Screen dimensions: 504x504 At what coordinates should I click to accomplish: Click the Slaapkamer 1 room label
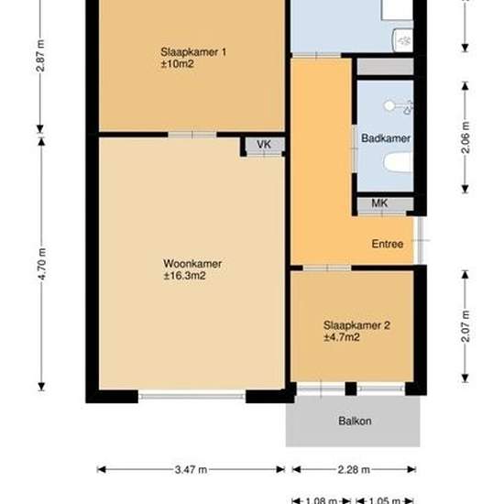pyautogui.click(x=193, y=51)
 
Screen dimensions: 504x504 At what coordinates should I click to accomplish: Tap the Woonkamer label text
pyautogui.click(x=192, y=264)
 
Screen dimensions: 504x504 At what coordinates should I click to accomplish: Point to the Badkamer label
pyautogui.click(x=385, y=138)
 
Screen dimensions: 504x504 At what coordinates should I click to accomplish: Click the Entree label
pyautogui.click(x=387, y=245)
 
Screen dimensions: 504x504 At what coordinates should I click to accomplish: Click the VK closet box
pyautogui.click(x=264, y=146)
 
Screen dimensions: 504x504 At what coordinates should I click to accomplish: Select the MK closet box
pyautogui.click(x=378, y=203)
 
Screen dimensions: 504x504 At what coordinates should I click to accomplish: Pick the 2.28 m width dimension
pyautogui.click(x=353, y=470)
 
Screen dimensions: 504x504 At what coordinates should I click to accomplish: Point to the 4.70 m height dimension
pyautogui.click(x=42, y=264)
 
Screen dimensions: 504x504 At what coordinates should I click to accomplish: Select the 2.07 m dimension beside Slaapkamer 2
pyautogui.click(x=465, y=325)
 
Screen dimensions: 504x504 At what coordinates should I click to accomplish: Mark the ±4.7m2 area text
pyautogui.click(x=341, y=337)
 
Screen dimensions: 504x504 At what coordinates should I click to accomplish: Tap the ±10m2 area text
pyautogui.click(x=180, y=63)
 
